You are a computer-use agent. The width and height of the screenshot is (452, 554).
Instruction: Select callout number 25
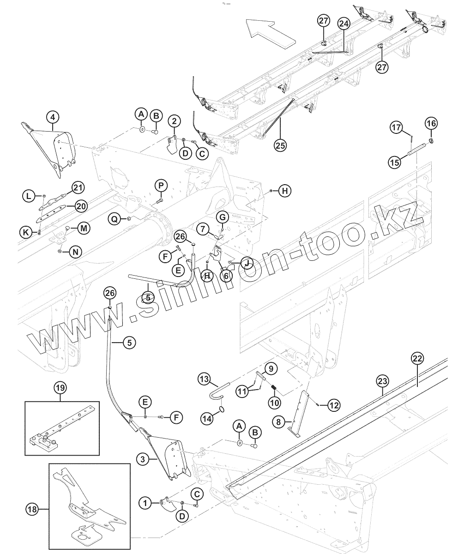pos(280,145)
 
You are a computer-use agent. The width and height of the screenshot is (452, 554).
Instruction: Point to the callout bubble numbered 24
pos(344,24)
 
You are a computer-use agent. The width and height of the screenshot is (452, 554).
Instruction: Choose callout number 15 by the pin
pos(394,163)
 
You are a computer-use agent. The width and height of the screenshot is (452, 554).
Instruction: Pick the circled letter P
pos(161,186)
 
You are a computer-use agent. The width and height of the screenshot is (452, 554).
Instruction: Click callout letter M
pos(84,228)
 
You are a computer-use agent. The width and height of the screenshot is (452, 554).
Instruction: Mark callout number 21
pos(78,187)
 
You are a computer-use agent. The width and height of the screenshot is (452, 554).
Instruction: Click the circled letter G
pos(222,217)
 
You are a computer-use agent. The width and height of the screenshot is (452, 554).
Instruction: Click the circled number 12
pos(334,405)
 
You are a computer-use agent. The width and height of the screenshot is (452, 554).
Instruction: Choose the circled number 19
pos(60,388)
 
